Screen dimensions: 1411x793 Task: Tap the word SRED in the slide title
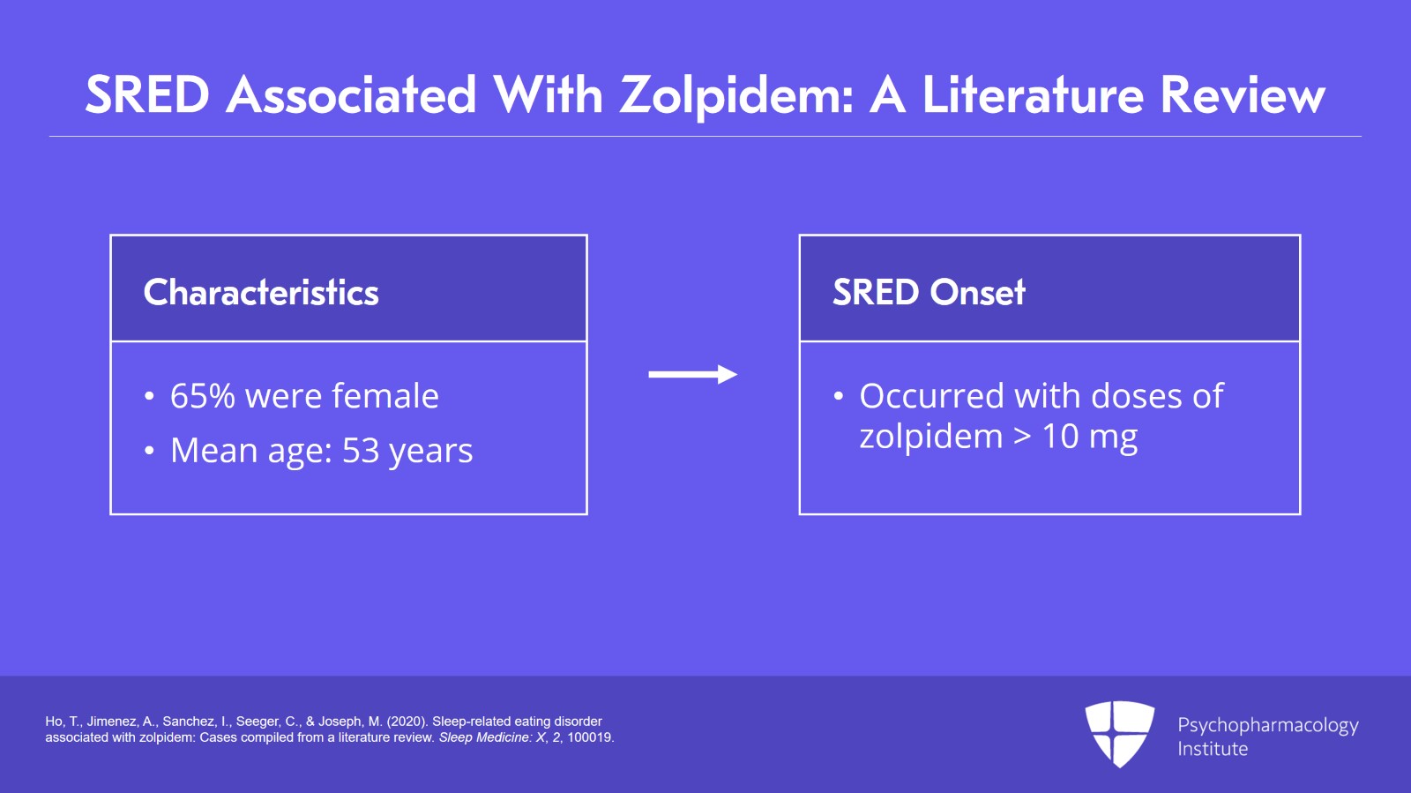(x=147, y=95)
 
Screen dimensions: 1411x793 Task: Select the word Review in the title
(x=1243, y=96)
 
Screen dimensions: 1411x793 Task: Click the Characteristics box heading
(x=261, y=292)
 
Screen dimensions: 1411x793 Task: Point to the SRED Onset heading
(x=929, y=292)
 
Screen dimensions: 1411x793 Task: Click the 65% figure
(x=202, y=396)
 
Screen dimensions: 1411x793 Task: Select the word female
(x=385, y=395)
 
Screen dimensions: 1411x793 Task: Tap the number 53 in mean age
(x=361, y=451)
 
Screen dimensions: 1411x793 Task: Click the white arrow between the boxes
(x=693, y=374)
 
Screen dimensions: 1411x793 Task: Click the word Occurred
(x=932, y=396)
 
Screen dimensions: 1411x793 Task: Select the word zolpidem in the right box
(x=931, y=437)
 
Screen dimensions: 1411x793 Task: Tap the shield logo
(x=1119, y=734)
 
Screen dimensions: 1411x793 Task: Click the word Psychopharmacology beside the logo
(x=1268, y=726)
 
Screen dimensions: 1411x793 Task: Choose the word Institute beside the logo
(x=1213, y=749)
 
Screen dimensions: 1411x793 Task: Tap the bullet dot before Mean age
(x=149, y=451)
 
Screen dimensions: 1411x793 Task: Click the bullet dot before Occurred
(x=839, y=396)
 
